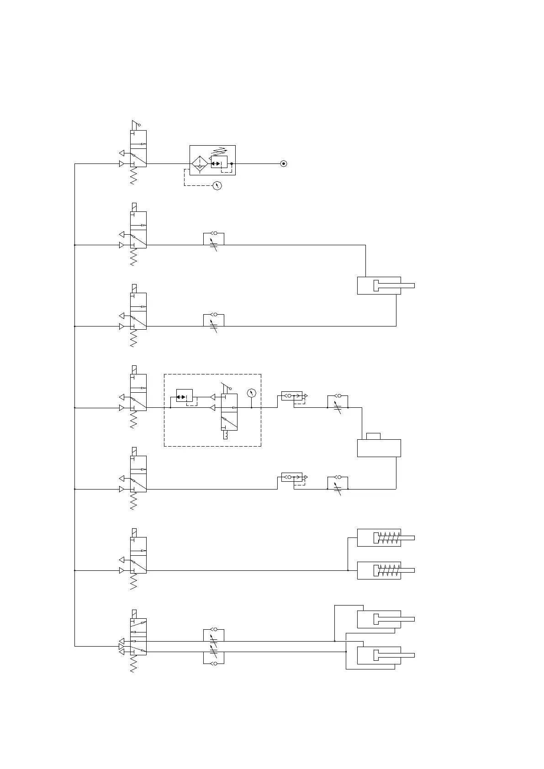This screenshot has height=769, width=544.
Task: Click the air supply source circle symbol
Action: click(284, 163)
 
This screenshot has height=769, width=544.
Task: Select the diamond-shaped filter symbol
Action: click(199, 163)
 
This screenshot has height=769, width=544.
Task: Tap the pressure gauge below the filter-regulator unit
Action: click(217, 185)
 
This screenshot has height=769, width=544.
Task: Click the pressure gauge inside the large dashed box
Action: click(251, 393)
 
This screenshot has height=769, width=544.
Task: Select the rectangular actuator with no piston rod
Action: click(379, 448)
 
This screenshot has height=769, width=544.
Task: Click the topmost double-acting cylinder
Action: click(379, 286)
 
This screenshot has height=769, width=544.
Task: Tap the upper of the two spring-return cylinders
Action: click(379, 537)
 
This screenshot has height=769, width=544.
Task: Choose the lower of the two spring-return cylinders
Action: click(379, 570)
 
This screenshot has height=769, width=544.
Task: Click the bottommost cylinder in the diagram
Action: click(379, 655)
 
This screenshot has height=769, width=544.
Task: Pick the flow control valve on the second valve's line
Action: click(213, 240)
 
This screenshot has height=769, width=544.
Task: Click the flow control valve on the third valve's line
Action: click(213, 321)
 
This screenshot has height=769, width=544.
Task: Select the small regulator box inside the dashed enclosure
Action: click(184, 396)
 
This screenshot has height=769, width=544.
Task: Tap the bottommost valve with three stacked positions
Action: click(138, 637)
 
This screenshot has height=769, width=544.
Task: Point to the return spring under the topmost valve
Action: click(133, 176)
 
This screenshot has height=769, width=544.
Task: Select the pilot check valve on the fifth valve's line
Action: click(292, 478)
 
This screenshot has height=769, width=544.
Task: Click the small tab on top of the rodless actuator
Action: click(373, 436)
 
